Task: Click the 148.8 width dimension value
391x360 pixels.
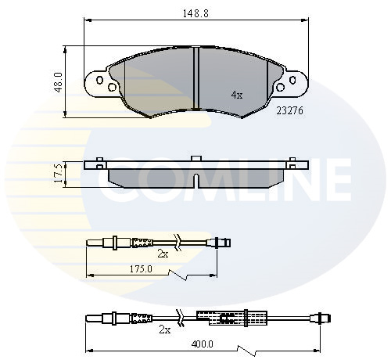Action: (195, 13)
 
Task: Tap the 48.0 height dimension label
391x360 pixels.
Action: (59, 82)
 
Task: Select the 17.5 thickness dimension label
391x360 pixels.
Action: (59, 173)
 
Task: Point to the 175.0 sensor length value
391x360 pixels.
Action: (141, 269)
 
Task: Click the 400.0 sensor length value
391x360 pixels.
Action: (202, 344)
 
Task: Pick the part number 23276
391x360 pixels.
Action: (290, 111)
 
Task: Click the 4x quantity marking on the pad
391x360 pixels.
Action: (237, 95)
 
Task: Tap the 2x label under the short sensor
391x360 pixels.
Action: (163, 254)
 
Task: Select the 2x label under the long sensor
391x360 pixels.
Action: (165, 330)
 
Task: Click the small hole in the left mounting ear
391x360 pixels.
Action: (100, 80)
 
